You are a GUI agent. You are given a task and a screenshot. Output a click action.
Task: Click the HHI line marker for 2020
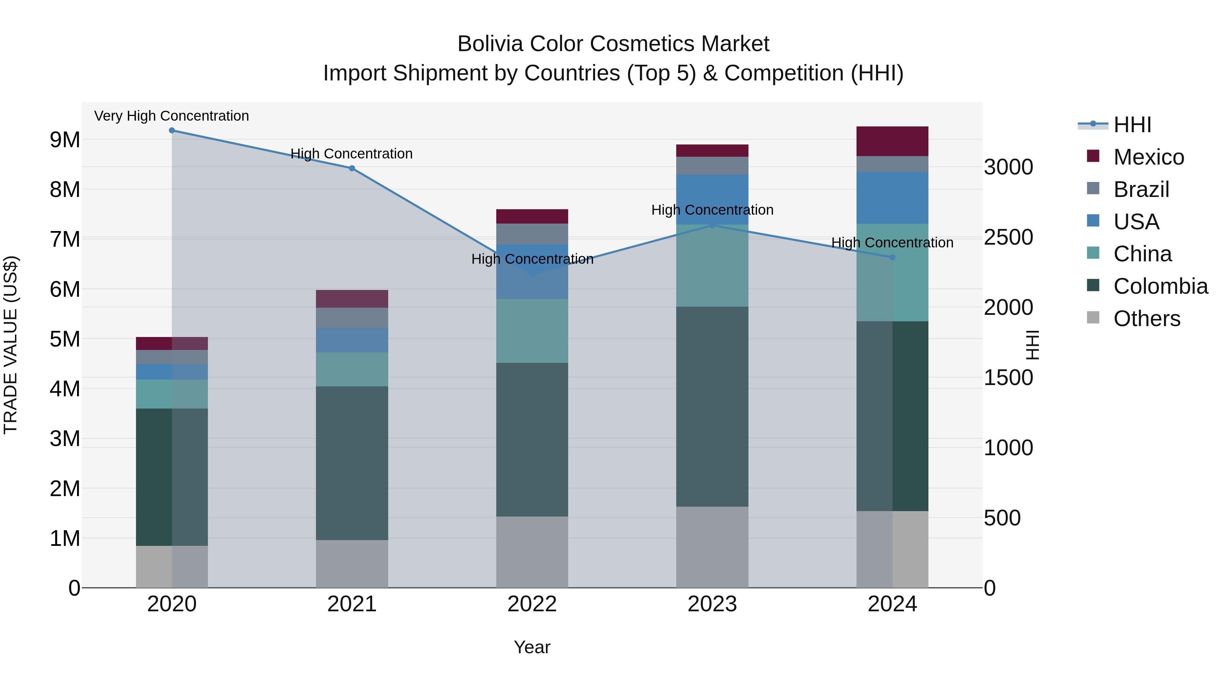click(172, 131)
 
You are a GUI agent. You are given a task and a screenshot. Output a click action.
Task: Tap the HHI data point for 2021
click(352, 168)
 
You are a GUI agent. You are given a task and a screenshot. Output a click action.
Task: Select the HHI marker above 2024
click(893, 257)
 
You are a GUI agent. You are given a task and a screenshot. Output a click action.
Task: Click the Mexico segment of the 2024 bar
click(893, 141)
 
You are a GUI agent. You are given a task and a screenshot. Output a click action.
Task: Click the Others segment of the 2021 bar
click(352, 564)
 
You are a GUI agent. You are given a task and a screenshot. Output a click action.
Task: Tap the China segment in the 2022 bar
click(532, 331)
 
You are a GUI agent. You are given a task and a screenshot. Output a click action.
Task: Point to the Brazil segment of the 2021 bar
click(352, 318)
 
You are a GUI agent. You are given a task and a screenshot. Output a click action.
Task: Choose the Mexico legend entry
click(1148, 157)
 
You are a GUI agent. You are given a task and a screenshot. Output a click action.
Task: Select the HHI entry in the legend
click(1132, 125)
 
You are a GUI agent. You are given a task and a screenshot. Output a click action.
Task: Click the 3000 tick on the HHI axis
click(1009, 167)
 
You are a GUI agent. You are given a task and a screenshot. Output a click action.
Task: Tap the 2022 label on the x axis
click(532, 604)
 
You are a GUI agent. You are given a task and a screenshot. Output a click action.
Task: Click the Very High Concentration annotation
click(171, 116)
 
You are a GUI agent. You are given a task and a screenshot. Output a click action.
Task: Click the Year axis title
click(532, 647)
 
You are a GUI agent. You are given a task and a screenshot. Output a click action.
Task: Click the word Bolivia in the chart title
click(490, 44)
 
